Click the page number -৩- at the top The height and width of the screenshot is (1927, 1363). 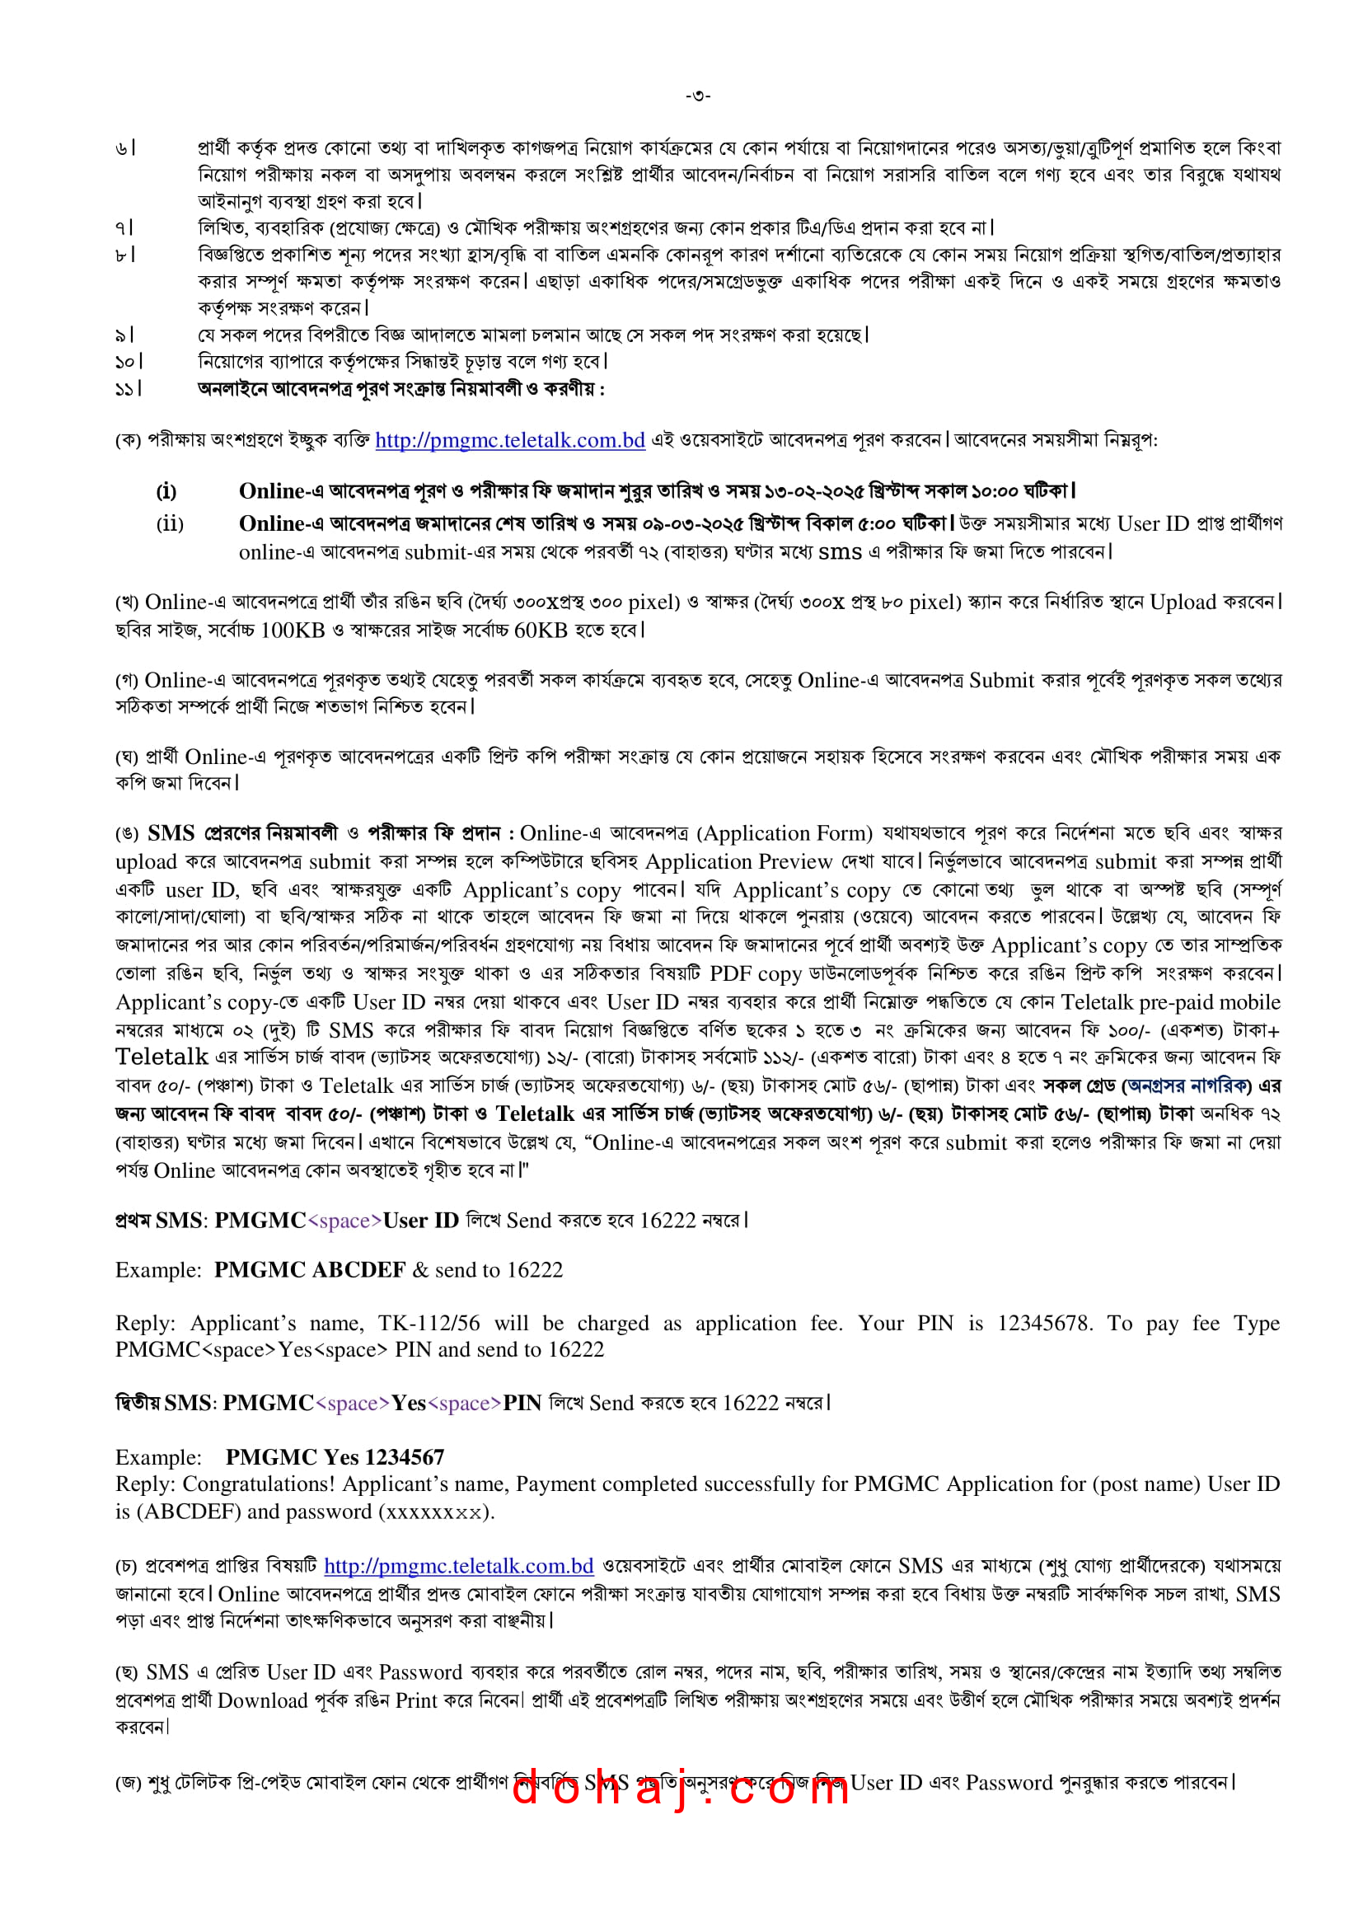point(697,96)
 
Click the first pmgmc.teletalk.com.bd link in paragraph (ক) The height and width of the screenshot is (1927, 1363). point(509,440)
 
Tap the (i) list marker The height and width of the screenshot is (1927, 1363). point(167,491)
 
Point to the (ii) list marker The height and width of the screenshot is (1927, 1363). point(170,523)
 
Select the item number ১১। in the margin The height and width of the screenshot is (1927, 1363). point(128,388)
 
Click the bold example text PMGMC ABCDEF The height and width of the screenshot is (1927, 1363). point(310,1269)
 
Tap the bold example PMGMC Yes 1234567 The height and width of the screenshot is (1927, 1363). point(335,1456)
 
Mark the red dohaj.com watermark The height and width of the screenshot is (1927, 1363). point(680,1790)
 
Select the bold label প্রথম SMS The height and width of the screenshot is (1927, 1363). point(160,1221)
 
